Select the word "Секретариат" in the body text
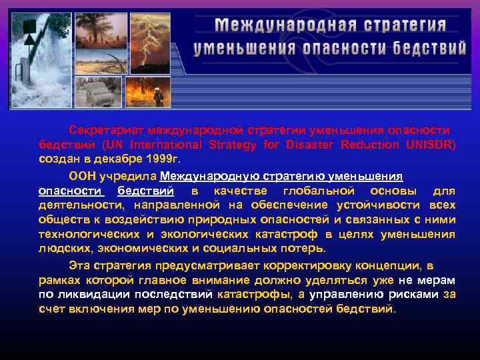coord(107,129)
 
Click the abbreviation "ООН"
coord(83,176)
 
